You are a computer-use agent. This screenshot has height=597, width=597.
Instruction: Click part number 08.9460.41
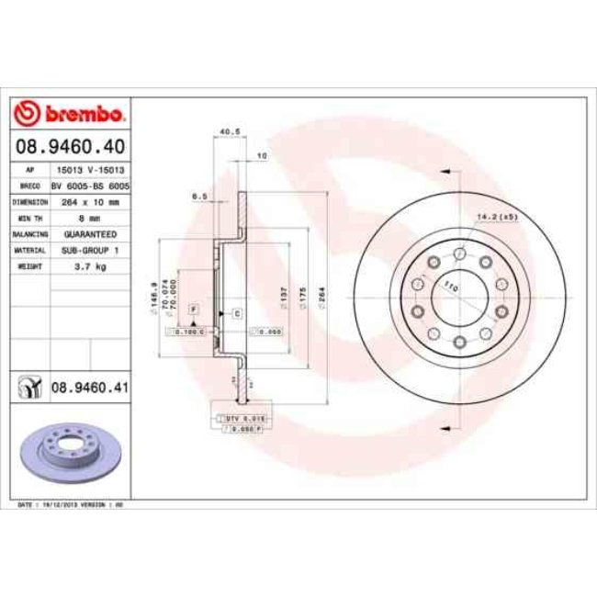pos(88,389)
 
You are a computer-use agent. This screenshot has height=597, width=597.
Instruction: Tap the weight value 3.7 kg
pos(89,265)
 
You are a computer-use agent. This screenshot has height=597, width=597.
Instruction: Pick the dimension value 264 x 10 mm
pos(89,201)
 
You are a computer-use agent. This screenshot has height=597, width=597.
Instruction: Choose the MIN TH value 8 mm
pos(89,218)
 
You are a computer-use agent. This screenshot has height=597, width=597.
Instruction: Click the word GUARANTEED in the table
pos(89,233)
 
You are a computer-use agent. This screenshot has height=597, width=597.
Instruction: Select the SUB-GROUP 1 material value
pos(89,249)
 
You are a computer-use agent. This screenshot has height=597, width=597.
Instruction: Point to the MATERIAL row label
pos(29,249)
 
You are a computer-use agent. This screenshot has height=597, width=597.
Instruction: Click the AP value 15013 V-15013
pos(89,170)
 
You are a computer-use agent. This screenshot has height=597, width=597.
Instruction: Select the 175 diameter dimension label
pos(300,297)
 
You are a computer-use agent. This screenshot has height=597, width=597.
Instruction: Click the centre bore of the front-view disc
pos(456,298)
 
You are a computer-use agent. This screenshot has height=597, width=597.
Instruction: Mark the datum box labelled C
pos(237,314)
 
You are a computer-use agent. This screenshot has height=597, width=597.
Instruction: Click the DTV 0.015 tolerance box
pos(241,419)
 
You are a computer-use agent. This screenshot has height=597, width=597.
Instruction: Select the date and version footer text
pos(71,505)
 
